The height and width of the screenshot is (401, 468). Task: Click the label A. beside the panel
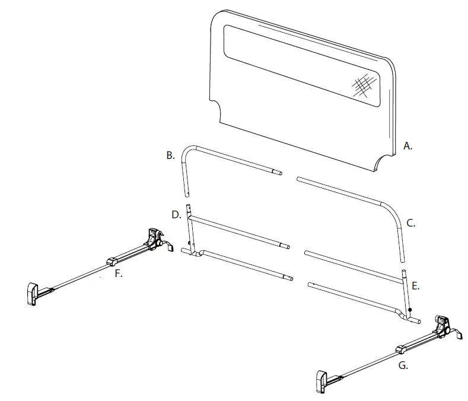pyautogui.click(x=407, y=145)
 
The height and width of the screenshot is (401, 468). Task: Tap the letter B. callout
pyautogui.click(x=170, y=156)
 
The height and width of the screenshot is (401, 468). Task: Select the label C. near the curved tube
pyautogui.click(x=410, y=224)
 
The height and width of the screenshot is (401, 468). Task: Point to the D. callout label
pyautogui.click(x=176, y=214)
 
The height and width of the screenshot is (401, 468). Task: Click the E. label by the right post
pyautogui.click(x=416, y=286)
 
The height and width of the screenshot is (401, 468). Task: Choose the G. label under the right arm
pyautogui.click(x=403, y=366)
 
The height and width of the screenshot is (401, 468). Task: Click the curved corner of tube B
pyautogui.click(x=189, y=149)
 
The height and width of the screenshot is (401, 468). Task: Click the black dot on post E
pyautogui.click(x=410, y=310)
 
